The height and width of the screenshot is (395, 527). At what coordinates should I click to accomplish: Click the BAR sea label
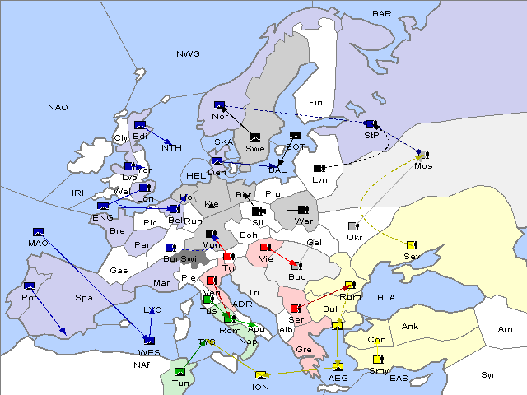381,13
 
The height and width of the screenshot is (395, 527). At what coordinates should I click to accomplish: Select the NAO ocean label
58,107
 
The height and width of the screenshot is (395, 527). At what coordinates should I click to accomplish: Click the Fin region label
314,102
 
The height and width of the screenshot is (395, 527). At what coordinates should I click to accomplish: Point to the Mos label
423,166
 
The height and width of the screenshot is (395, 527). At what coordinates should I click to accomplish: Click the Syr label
488,374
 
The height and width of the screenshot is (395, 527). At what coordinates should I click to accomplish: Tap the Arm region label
507,329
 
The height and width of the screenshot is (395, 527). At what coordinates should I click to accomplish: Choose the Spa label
83,297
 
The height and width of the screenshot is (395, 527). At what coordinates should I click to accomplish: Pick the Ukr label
354,238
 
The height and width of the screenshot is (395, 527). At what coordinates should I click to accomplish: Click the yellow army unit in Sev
411,244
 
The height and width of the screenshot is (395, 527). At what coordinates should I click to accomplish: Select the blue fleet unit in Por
30,286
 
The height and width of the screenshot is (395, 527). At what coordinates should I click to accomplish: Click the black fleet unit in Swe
255,137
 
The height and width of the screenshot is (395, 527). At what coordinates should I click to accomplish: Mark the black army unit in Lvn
319,168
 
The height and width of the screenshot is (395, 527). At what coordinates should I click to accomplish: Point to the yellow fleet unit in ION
261,374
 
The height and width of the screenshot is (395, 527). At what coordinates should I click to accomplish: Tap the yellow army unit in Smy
378,360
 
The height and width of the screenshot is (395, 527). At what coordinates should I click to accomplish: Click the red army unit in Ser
294,308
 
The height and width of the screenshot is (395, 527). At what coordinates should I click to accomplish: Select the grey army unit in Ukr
353,225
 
